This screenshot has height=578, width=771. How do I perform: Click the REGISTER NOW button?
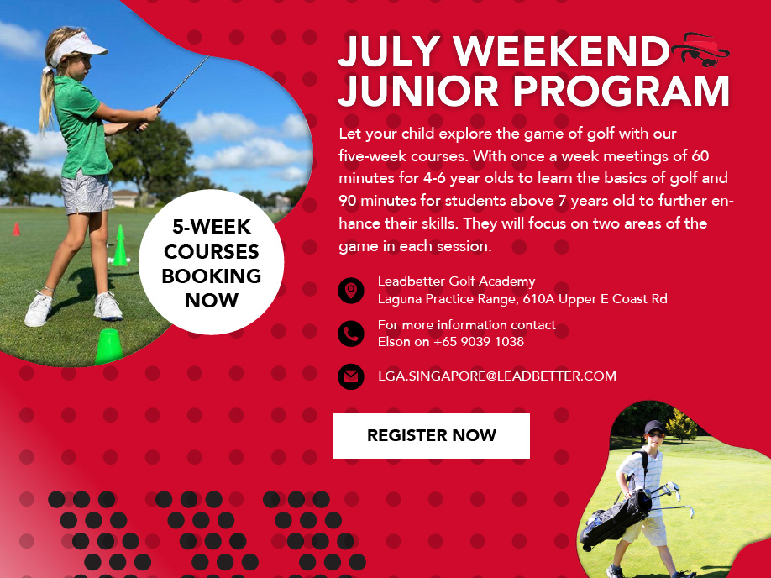431,436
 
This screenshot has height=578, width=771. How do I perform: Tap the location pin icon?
350,290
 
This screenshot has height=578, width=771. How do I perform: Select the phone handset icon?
350,334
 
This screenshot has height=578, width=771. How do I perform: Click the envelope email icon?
350,377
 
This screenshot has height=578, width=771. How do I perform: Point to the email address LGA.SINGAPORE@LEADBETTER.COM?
496,376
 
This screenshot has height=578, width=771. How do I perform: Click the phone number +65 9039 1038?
479,342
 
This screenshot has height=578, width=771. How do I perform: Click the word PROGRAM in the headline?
621,91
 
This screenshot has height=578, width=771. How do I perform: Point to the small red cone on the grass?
16,229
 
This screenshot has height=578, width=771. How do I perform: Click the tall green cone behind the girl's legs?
120,245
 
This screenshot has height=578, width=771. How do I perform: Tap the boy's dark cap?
654,427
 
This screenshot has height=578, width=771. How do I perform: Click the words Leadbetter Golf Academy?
456,281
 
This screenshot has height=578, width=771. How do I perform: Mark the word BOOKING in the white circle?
212,276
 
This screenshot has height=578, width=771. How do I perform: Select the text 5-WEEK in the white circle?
212,227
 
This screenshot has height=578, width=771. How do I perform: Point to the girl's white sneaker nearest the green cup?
108,306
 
